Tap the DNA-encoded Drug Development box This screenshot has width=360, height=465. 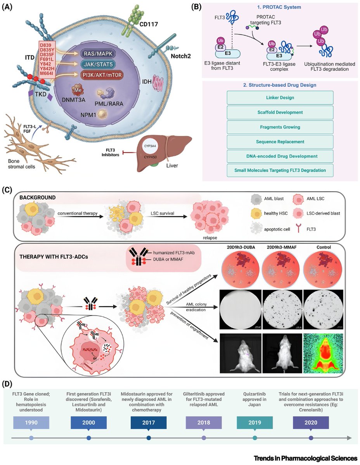pyautogui.click(x=280, y=156)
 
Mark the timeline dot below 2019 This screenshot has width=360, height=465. pyautogui.click(x=255, y=438)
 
